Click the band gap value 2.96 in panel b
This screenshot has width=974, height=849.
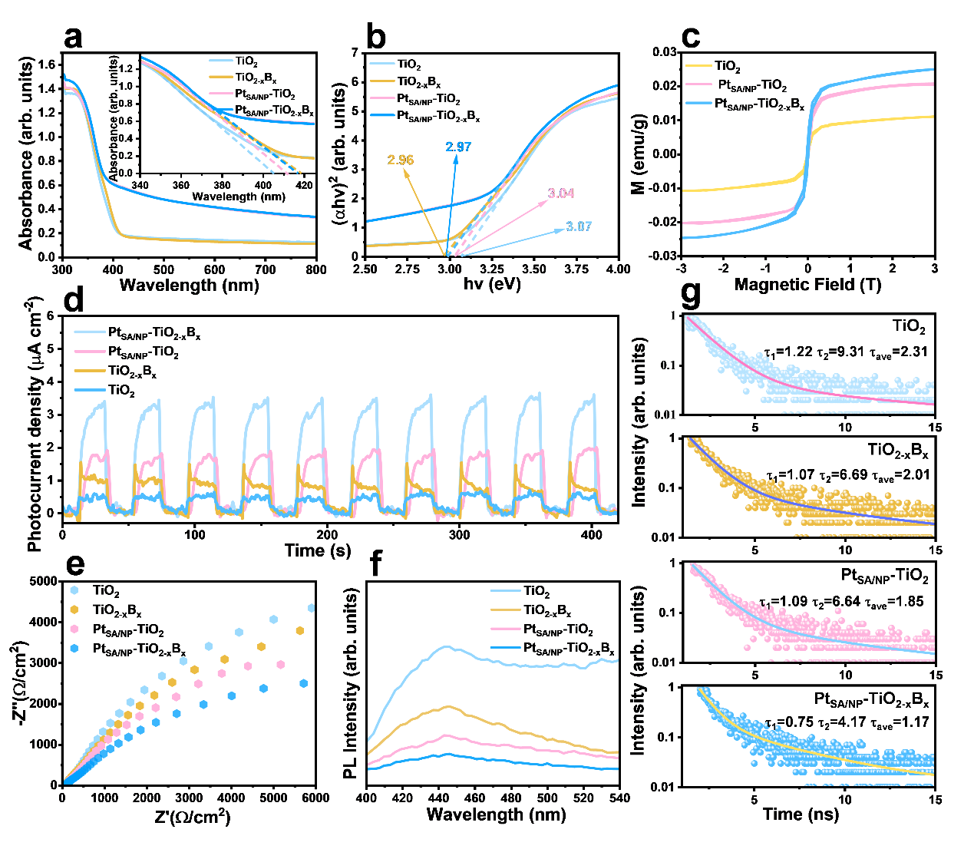400,160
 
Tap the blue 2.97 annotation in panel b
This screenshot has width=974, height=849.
458,147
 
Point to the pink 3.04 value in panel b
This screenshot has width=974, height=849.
560,193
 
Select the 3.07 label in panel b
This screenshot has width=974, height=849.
579,226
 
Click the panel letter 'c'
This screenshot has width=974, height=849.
690,37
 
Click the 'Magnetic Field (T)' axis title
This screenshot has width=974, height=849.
807,285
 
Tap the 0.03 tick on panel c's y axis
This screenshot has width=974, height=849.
665,52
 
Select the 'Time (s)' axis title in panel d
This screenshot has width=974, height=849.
318,550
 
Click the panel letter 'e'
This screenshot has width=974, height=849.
75,564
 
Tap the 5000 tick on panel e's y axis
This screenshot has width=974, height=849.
43,581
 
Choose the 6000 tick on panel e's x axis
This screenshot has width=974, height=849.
315,798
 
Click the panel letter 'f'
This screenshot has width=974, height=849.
375,564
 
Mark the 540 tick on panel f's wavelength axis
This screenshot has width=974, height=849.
619,798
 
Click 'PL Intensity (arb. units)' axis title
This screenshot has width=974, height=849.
351,684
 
